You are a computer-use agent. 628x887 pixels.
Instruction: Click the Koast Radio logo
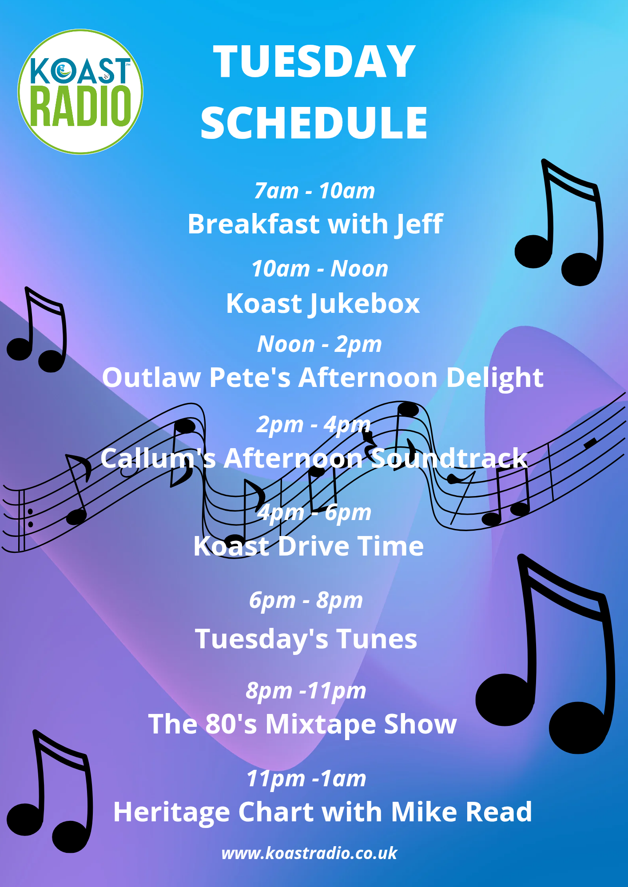point(80,92)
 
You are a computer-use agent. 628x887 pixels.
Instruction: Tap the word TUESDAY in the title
point(314,62)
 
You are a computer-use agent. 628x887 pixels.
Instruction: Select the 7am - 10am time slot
point(314,191)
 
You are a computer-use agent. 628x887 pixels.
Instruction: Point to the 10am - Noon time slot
point(320,268)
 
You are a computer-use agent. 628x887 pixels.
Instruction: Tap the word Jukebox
point(364,304)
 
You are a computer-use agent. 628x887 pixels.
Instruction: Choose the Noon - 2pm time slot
point(319,344)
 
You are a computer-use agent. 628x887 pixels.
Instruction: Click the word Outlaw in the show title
point(151,378)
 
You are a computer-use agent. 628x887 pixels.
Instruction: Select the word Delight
point(495,378)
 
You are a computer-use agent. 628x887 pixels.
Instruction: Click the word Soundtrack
point(449,458)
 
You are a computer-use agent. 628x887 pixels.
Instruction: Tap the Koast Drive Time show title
point(309,546)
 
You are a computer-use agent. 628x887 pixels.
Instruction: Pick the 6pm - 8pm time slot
point(306,601)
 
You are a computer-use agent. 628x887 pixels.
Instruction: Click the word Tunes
point(377,639)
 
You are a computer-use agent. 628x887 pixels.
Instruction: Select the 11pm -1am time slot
point(306,779)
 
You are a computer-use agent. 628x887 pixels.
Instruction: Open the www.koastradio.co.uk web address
point(309,853)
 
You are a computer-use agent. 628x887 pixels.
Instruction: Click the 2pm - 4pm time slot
point(314,425)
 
